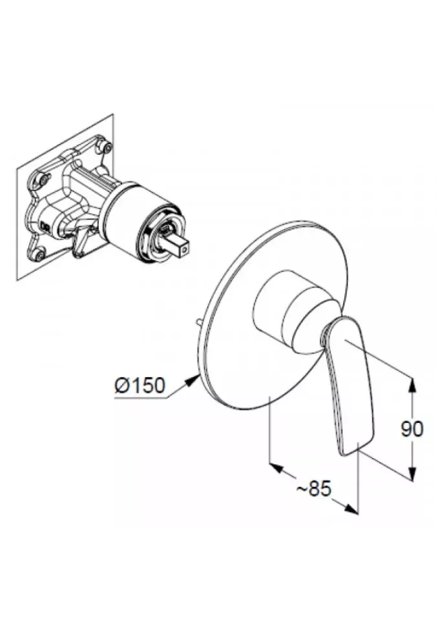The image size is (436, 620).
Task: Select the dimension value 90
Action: [411, 429]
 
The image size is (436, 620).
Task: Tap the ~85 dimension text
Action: [313, 488]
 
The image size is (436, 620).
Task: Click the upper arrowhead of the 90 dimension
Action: [413, 383]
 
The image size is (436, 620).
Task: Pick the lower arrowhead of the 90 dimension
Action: [413, 475]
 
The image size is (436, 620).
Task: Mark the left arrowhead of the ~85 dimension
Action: [273, 466]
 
